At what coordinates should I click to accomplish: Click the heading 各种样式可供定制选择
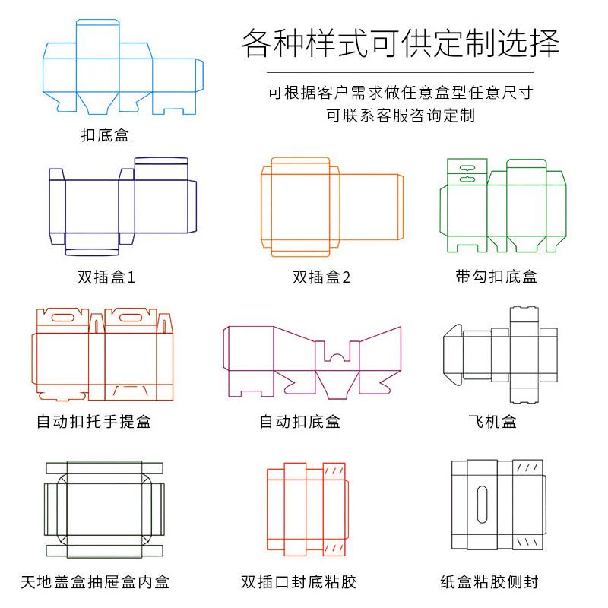point(401,43)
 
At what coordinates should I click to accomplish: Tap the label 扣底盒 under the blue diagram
point(105,136)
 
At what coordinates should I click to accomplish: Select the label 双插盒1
point(106,277)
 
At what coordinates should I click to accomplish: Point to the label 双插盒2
point(321,277)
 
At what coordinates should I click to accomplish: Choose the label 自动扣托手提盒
point(93,421)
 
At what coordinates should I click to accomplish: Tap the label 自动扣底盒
point(299,421)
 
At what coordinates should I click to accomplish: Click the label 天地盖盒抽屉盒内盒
point(95,582)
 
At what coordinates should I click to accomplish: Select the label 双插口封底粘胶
point(299,582)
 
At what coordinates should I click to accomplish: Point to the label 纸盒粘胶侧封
point(489,582)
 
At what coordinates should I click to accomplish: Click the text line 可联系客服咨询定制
point(400,116)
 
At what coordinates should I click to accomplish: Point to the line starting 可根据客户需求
point(400,93)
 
